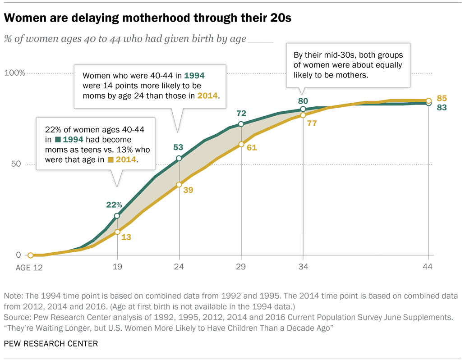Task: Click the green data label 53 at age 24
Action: point(179,147)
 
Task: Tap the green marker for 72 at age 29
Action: point(241,124)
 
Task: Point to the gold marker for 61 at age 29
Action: point(241,144)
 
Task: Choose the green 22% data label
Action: point(114,205)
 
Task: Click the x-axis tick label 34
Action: point(303,267)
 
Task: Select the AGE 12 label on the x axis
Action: point(30,267)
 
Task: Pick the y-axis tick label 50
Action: point(16,164)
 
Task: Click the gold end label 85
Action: point(442,98)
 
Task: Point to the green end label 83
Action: point(442,108)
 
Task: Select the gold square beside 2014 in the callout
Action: point(110,159)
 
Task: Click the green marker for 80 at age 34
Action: point(303,109)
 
